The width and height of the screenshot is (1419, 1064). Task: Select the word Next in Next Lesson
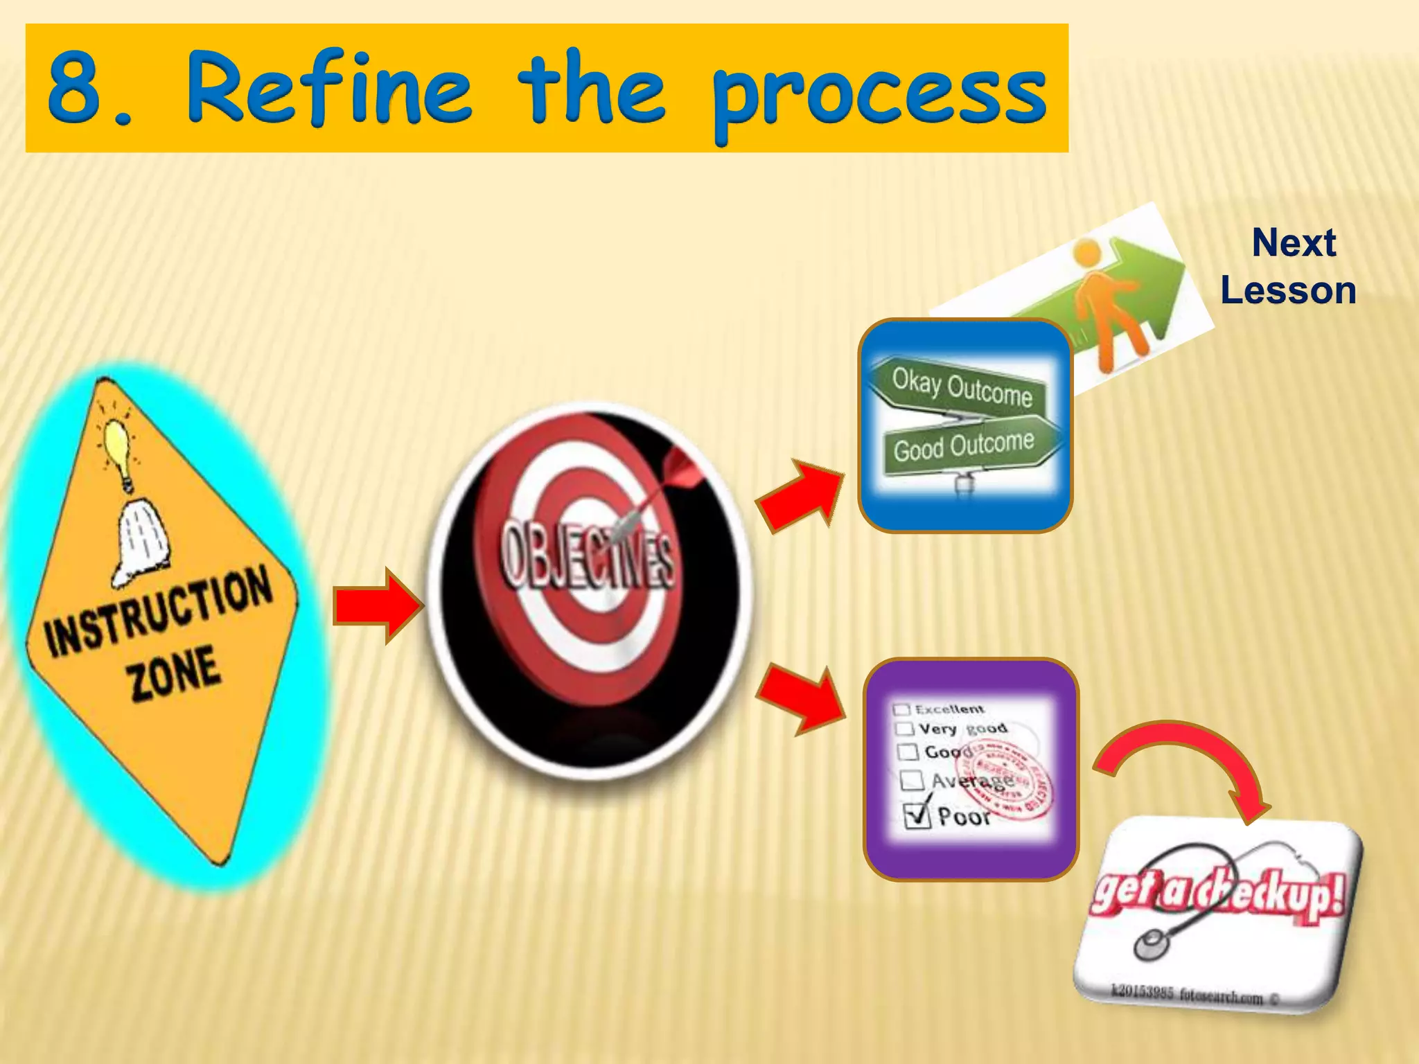[x=1294, y=243]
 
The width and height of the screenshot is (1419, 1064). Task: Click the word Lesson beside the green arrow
[x=1288, y=290]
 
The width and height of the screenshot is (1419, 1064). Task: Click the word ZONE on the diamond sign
[x=175, y=672]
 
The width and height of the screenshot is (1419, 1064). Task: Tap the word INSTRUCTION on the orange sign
[x=158, y=610]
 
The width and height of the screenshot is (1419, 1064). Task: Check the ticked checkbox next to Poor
[x=917, y=815]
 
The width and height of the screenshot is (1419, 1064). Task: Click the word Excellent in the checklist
[x=949, y=709]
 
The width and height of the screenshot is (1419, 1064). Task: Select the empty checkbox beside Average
[x=912, y=781]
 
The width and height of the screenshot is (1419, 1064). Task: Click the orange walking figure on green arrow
[x=1105, y=298]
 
